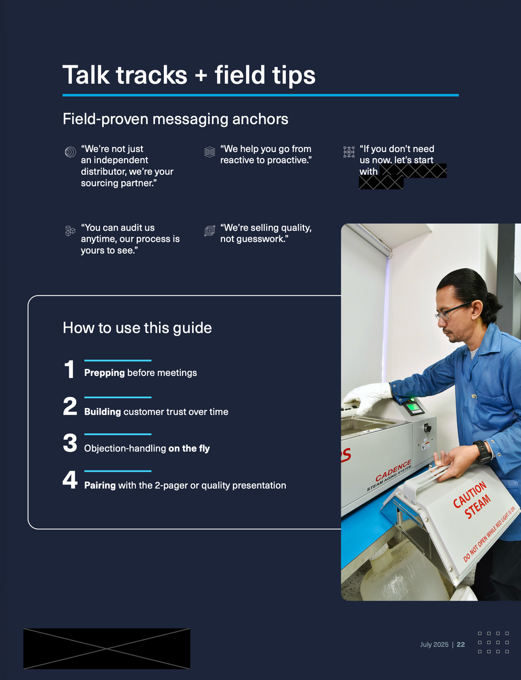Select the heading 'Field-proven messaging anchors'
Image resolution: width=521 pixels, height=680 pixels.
pos(175,119)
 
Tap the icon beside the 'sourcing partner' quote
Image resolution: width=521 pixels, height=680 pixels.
pos(70,152)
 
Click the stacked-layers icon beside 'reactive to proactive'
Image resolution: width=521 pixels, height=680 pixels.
pos(210,152)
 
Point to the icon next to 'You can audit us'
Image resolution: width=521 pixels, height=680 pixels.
pos(70,231)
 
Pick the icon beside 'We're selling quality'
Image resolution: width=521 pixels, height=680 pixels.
pos(210,231)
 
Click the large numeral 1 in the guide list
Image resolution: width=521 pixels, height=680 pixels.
pos(69,370)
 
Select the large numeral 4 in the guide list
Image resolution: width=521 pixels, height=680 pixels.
pos(70,480)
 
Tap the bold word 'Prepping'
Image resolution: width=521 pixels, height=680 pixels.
pos(104,373)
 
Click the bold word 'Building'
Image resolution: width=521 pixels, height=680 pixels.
pos(103,412)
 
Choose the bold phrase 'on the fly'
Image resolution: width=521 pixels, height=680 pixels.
pos(189,448)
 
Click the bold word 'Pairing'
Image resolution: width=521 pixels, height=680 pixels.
pos(100,485)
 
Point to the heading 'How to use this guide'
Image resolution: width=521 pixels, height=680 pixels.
pos(137,327)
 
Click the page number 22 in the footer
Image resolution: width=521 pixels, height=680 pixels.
pos(461,644)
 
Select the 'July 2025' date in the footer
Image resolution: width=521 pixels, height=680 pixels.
pos(434,644)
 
